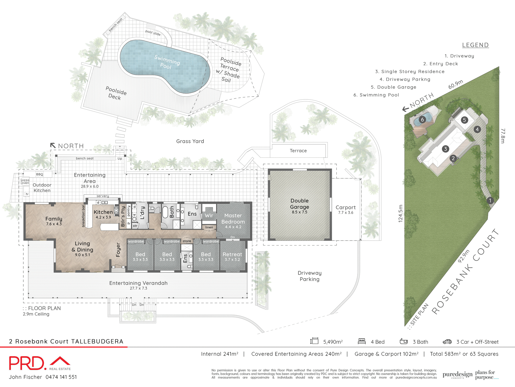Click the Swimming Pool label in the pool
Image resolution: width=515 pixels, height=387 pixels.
click(x=167, y=62)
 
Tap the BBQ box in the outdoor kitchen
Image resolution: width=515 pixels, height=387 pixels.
click(x=39, y=174)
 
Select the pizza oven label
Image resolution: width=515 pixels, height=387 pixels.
click(x=25, y=182)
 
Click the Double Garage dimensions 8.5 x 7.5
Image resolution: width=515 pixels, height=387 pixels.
click(x=299, y=212)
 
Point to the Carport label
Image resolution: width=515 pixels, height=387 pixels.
click(x=345, y=207)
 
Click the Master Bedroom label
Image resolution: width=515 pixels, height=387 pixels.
click(x=233, y=218)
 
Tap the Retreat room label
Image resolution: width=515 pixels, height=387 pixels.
click(x=232, y=254)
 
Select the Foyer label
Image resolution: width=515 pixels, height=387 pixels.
click(x=118, y=250)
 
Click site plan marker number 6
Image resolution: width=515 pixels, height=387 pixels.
click(x=422, y=120)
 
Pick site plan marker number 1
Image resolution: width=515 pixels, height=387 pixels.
click(x=490, y=200)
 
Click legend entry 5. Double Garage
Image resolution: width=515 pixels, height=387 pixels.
click(x=393, y=87)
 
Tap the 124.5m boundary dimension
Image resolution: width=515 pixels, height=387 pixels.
click(x=400, y=213)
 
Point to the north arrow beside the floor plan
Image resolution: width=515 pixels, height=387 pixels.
click(x=53, y=146)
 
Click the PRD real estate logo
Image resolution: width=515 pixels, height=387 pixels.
click(x=40, y=363)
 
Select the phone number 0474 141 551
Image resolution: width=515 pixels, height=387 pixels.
click(x=61, y=377)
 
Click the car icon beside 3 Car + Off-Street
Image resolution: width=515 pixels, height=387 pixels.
click(x=447, y=342)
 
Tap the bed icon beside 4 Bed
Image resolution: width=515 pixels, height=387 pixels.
click(x=362, y=341)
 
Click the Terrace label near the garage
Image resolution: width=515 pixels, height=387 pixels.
click(x=298, y=151)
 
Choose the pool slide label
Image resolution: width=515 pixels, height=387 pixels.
click(x=153, y=33)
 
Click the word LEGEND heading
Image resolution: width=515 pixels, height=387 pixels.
click(x=475, y=45)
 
